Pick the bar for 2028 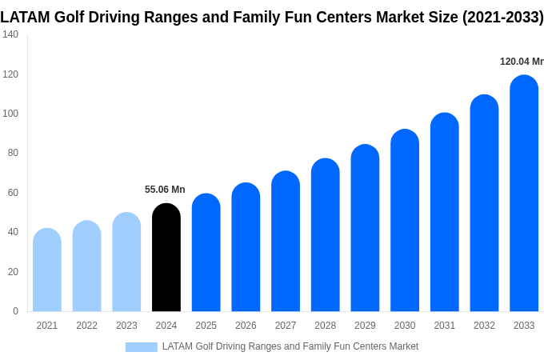326,235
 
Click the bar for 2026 246,247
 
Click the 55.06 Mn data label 165,190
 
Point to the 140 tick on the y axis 10,34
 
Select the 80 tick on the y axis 13,153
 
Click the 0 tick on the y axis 15,311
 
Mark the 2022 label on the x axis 86,326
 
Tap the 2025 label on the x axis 206,326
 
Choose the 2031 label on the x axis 445,326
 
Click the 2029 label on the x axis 365,326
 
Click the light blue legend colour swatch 141,347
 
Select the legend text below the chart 290,346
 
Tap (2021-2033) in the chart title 502,17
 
